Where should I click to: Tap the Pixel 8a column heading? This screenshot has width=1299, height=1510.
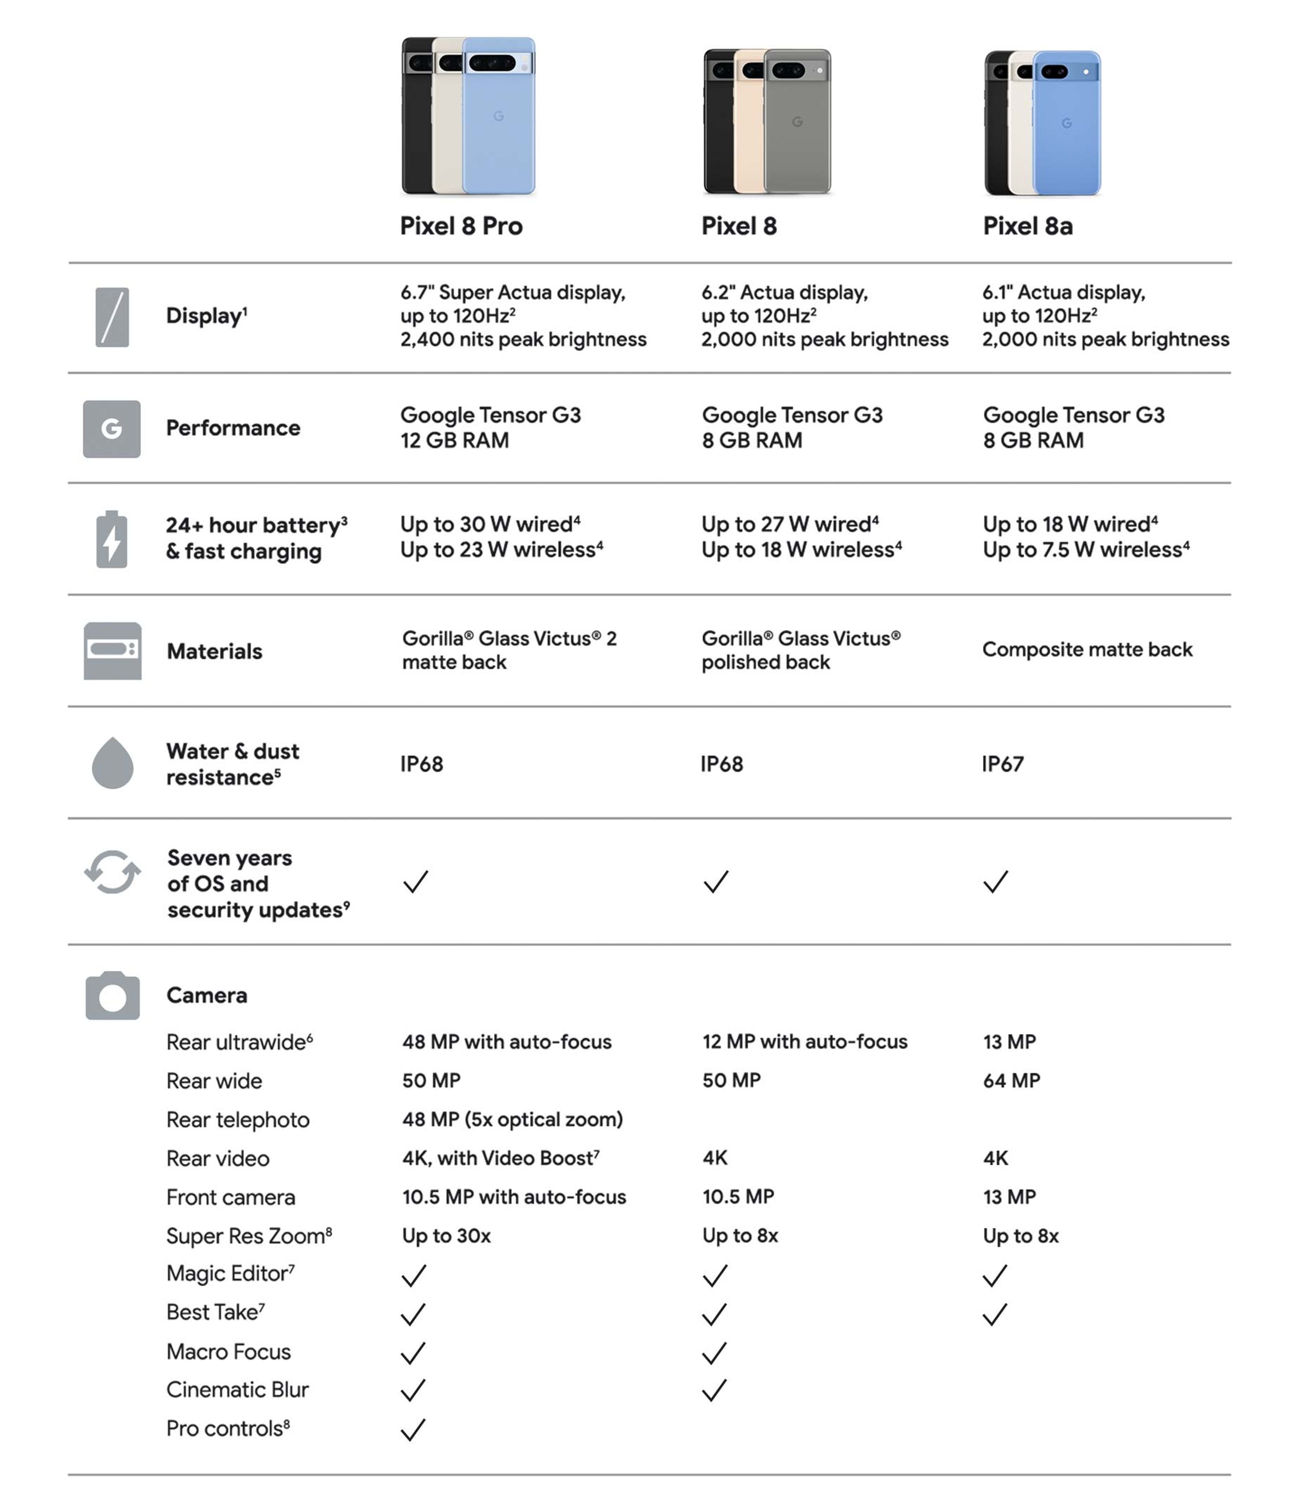1027,226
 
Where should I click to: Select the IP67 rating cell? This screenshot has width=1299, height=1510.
1002,764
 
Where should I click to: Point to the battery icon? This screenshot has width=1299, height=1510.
112,539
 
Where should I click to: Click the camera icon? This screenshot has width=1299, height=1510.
112,995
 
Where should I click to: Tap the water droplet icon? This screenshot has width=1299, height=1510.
112,763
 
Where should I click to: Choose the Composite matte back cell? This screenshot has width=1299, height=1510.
1087,649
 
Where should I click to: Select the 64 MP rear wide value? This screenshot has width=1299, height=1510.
1011,1081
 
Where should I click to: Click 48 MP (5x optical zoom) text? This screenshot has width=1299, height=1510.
513,1119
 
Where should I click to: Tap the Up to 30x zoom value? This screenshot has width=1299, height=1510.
446,1236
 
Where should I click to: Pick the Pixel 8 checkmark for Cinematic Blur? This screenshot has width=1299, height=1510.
714,1391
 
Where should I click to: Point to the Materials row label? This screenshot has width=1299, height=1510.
214,651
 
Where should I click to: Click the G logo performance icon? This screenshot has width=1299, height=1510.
112,429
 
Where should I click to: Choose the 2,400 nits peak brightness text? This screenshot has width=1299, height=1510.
523,340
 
